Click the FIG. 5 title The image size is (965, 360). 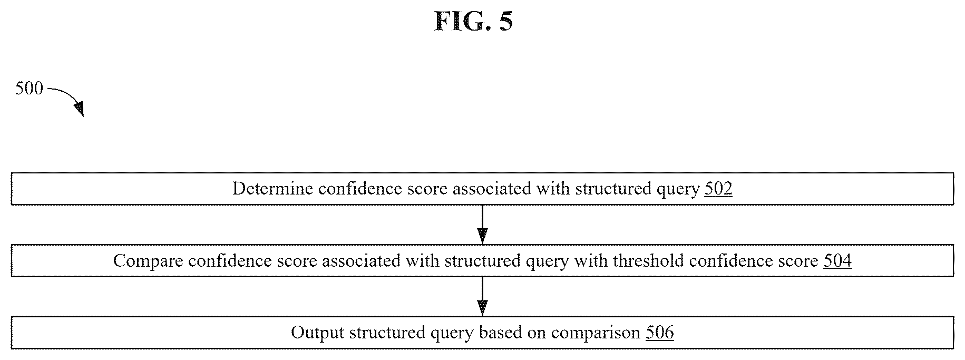[473, 22]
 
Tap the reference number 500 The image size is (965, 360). [29, 89]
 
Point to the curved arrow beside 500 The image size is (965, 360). [67, 100]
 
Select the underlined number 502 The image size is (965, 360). [718, 189]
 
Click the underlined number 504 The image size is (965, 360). [837, 261]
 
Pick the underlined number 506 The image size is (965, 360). [660, 333]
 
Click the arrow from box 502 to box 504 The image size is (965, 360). [482, 224]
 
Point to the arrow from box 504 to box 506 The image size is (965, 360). [482, 296]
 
